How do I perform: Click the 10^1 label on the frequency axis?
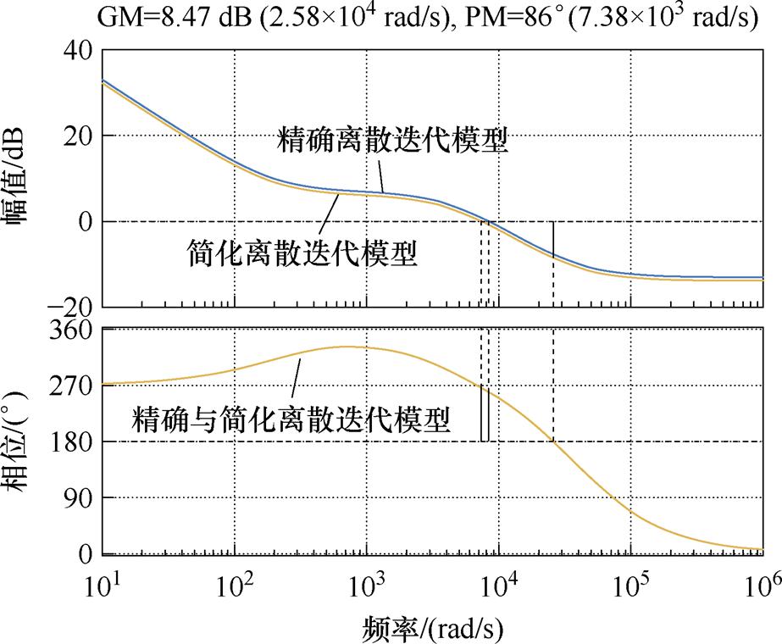(103, 586)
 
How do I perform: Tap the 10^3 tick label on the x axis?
(367, 586)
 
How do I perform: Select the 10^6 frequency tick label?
(763, 586)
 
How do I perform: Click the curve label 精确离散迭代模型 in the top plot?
(393, 142)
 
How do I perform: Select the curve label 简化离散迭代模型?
(302, 253)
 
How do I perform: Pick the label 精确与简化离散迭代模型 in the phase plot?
(291, 419)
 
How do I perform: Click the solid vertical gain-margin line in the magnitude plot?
(553, 238)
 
